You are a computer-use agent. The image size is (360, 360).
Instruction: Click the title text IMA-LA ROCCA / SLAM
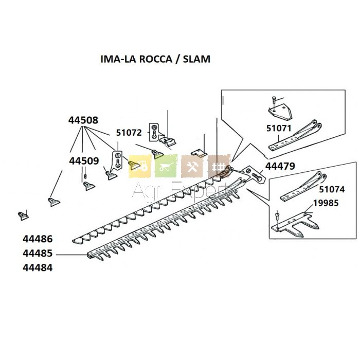coord(155,59)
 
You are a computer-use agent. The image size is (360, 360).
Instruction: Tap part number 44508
coord(83,120)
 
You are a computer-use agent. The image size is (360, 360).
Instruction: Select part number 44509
coord(84,161)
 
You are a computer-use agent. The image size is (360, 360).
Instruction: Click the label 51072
coord(129,133)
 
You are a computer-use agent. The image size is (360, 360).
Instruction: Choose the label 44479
coord(280,166)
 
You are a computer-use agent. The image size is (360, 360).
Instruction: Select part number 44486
coord(38,239)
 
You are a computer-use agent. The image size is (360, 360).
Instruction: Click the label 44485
coord(38,254)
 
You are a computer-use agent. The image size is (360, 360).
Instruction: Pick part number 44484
coord(38,268)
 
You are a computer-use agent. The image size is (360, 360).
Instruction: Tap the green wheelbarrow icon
coord(166,166)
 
